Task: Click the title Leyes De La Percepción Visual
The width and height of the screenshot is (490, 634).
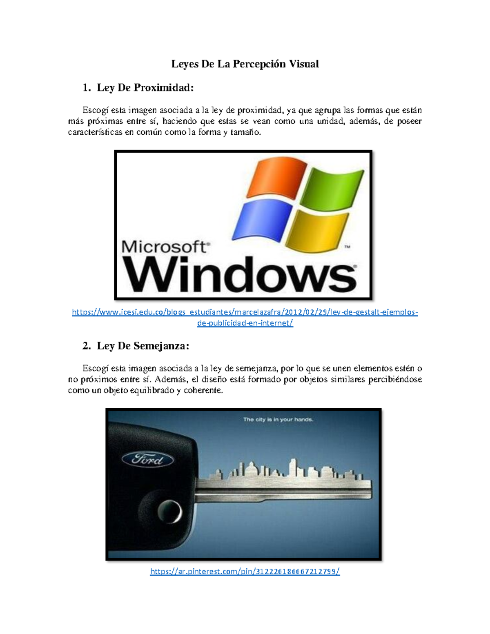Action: (245, 64)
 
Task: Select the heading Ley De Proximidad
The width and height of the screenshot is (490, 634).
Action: (145, 88)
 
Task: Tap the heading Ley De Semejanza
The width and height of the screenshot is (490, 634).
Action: (143, 346)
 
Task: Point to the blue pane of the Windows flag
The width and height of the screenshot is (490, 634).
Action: (263, 220)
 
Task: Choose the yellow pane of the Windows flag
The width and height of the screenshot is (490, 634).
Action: (317, 230)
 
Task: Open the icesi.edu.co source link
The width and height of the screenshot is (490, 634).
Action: (245, 313)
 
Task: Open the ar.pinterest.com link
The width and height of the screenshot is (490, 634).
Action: (245, 572)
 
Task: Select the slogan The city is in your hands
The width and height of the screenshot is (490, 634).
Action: (278, 419)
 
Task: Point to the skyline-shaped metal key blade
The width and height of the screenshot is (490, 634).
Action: (286, 484)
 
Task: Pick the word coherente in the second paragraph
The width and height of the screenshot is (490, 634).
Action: (203, 391)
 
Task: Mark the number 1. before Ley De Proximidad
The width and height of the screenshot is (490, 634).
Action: (86, 88)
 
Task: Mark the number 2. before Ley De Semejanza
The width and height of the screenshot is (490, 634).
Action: (86, 346)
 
